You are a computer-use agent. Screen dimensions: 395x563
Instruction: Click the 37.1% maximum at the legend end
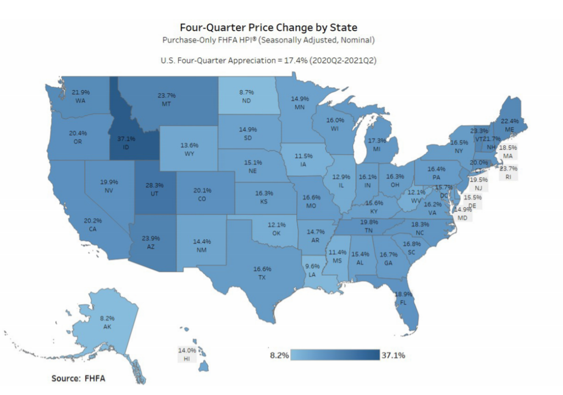pos(393,355)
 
